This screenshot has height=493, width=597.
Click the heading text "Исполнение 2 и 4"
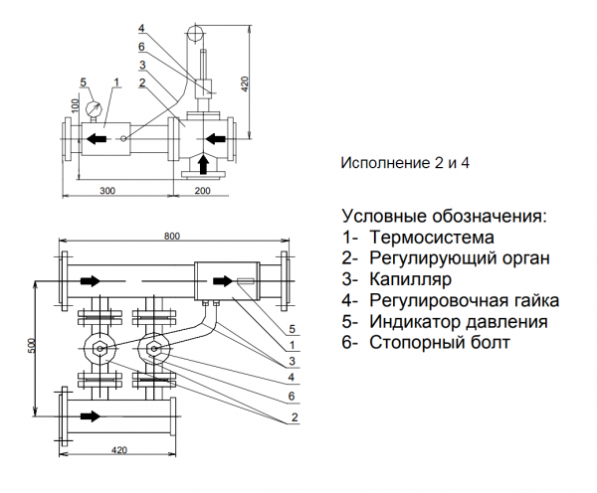(404, 162)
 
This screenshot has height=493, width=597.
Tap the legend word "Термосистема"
(431, 238)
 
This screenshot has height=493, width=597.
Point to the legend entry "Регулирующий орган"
(459, 258)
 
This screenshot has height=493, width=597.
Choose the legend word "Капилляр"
(411, 279)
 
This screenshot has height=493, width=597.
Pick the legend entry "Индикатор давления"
(458, 322)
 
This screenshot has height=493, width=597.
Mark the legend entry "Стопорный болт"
(439, 343)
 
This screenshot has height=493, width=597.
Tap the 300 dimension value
(106, 188)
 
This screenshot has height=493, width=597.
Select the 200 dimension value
(202, 188)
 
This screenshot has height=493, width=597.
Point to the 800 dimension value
(174, 237)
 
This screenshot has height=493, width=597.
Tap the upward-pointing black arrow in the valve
(204, 161)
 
